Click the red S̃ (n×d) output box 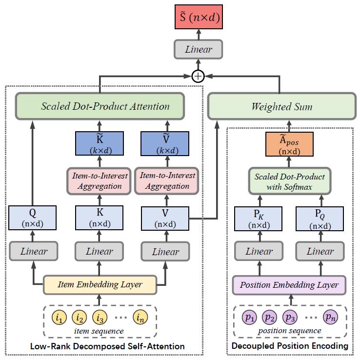point(198,19)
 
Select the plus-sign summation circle point(198,77)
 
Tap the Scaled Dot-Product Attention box point(100,106)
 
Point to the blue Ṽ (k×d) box point(165,144)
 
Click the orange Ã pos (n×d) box point(289,144)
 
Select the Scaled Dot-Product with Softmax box point(289,180)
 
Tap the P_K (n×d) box point(259,218)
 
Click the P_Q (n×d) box point(320,218)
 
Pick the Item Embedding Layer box point(100,284)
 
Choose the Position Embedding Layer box point(289,284)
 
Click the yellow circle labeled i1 point(59,319)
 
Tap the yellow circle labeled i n point(140,319)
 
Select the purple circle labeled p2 point(270,319)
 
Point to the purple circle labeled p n point(330,319)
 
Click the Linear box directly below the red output point(198,49)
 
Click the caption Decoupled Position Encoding point(290,346)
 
